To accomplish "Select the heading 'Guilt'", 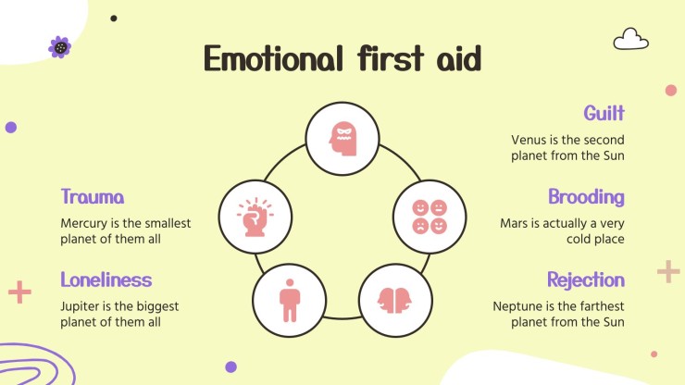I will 604,113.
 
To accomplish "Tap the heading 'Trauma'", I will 93,196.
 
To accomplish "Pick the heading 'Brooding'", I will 586,196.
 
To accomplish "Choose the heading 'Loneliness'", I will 106,279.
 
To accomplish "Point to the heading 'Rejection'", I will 585,279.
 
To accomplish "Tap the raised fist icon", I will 255,217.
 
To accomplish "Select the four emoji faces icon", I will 430,217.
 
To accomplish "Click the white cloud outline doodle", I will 630,39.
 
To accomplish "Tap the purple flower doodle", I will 60,46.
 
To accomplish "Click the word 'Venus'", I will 529,140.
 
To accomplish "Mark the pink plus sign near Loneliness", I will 19,292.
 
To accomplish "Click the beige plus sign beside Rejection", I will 667,271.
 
